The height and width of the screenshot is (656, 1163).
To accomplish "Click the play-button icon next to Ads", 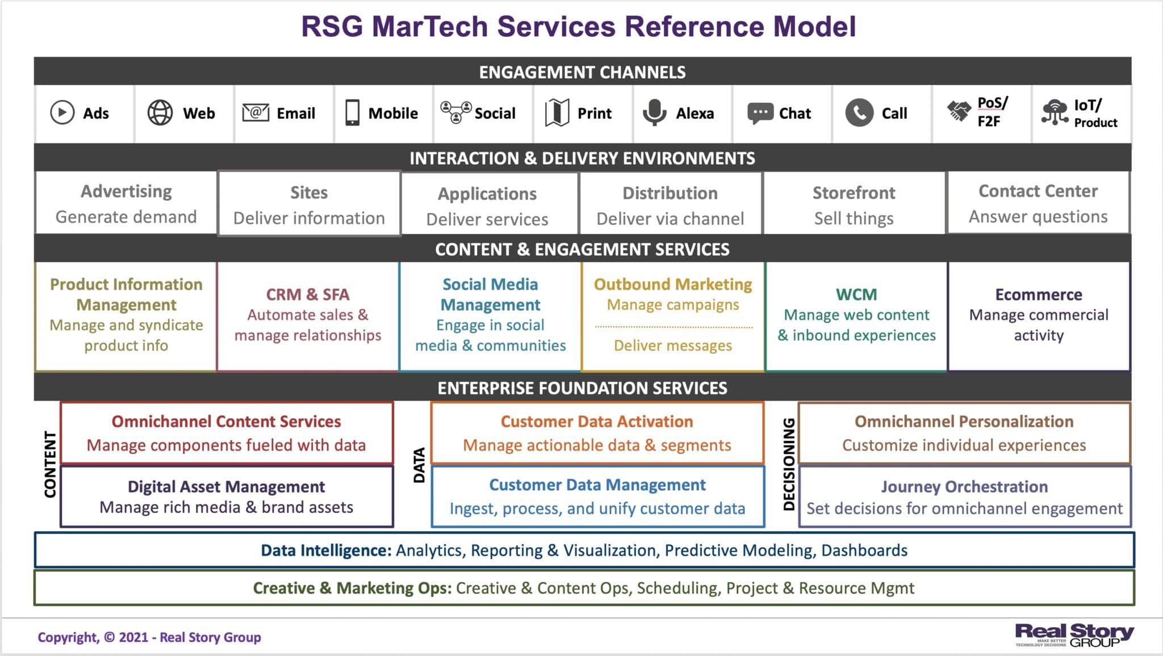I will tap(62, 112).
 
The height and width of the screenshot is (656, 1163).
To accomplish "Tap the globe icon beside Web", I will tap(160, 112).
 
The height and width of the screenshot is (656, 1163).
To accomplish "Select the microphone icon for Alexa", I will tap(654, 112).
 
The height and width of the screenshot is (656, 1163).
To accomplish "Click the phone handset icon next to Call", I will tap(859, 112).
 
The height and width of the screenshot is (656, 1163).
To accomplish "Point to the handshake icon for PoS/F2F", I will tap(959, 111).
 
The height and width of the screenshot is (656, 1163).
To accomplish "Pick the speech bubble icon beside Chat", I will tap(760, 113).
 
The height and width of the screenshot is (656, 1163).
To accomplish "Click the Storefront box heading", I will tap(854, 193).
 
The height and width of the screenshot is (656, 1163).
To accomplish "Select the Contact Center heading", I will tap(1038, 191).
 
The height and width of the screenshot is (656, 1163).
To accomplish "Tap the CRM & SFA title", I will tap(307, 295).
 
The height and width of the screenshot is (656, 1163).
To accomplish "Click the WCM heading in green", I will tap(856, 295).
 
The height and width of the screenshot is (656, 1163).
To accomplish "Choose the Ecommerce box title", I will tap(1038, 295).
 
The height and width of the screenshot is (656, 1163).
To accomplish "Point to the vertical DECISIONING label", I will tap(789, 464).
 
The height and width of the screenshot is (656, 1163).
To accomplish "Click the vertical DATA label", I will tap(419, 465).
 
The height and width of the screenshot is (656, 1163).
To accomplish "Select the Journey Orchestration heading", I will tap(964, 486).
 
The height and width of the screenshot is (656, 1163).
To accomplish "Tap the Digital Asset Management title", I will tap(226, 486).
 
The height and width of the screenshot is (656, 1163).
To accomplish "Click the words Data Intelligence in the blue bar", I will tap(326, 550).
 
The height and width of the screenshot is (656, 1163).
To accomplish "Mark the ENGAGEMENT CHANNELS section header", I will tap(582, 72).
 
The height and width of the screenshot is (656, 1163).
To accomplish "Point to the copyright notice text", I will tap(149, 637).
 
